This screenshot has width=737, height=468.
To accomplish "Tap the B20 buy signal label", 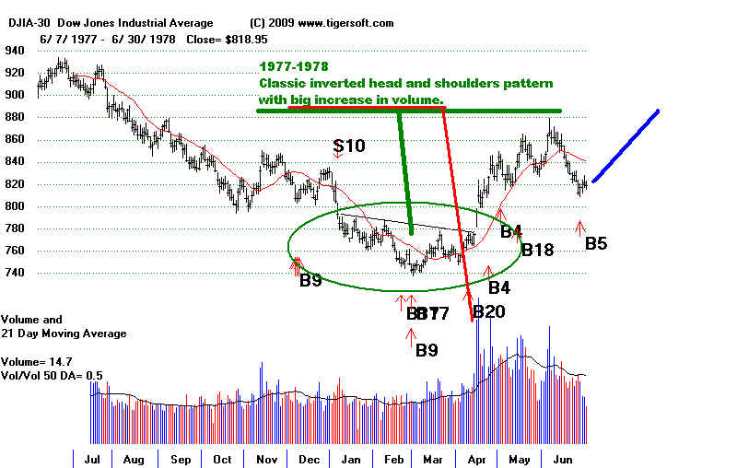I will click(488, 311).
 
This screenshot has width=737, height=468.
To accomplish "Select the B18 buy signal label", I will click(540, 249).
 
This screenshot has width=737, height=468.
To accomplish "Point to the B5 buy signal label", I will click(596, 244).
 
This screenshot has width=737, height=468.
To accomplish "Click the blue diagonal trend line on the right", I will click(626, 146).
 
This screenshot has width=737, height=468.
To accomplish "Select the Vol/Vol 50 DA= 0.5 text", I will click(52, 376).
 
